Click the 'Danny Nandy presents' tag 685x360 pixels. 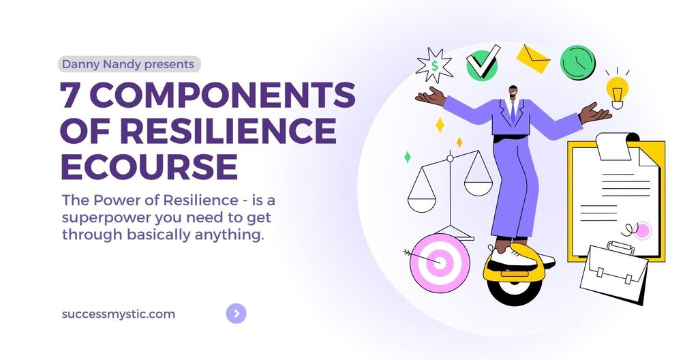[x=129, y=64]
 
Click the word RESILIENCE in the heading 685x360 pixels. [x=228, y=130]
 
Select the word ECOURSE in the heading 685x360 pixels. [x=149, y=166]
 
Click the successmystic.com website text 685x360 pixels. [x=119, y=314]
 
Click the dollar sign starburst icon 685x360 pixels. [x=433, y=65]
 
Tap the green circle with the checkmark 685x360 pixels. [x=483, y=63]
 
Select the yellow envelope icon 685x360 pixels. [x=533, y=59]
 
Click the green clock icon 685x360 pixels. [x=578, y=63]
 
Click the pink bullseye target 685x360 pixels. [x=440, y=263]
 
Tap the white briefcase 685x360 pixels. [x=613, y=272]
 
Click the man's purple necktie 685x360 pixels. [x=513, y=112]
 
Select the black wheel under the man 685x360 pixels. [x=515, y=290]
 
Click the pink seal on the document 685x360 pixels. [x=643, y=230]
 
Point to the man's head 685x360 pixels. [x=513, y=93]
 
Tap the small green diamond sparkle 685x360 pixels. [x=407, y=157]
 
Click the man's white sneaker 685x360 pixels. [x=512, y=258]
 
